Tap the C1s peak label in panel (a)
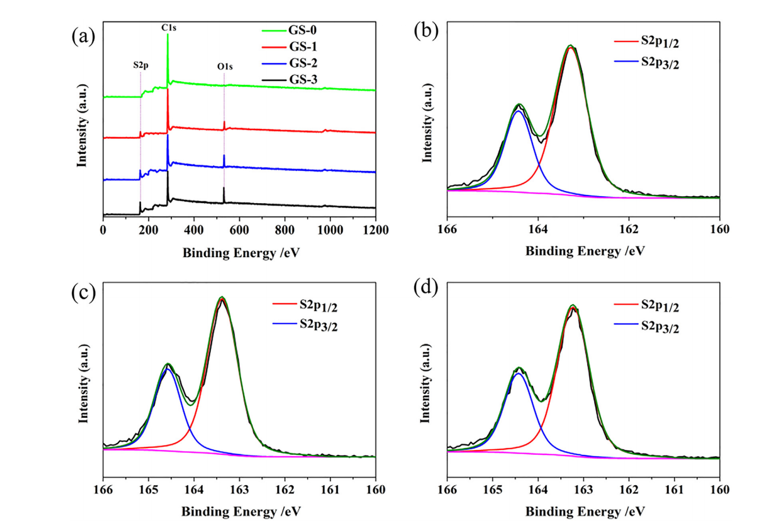point(168,28)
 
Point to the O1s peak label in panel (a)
point(225,66)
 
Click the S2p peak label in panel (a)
point(140,65)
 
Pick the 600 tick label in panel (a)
point(239,230)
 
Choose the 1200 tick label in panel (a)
point(376,230)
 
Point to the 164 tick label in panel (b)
point(538,229)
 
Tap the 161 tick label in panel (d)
point(674,489)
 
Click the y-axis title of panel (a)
point(82,126)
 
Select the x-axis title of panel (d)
point(585,511)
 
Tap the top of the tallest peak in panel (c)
point(222,297)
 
